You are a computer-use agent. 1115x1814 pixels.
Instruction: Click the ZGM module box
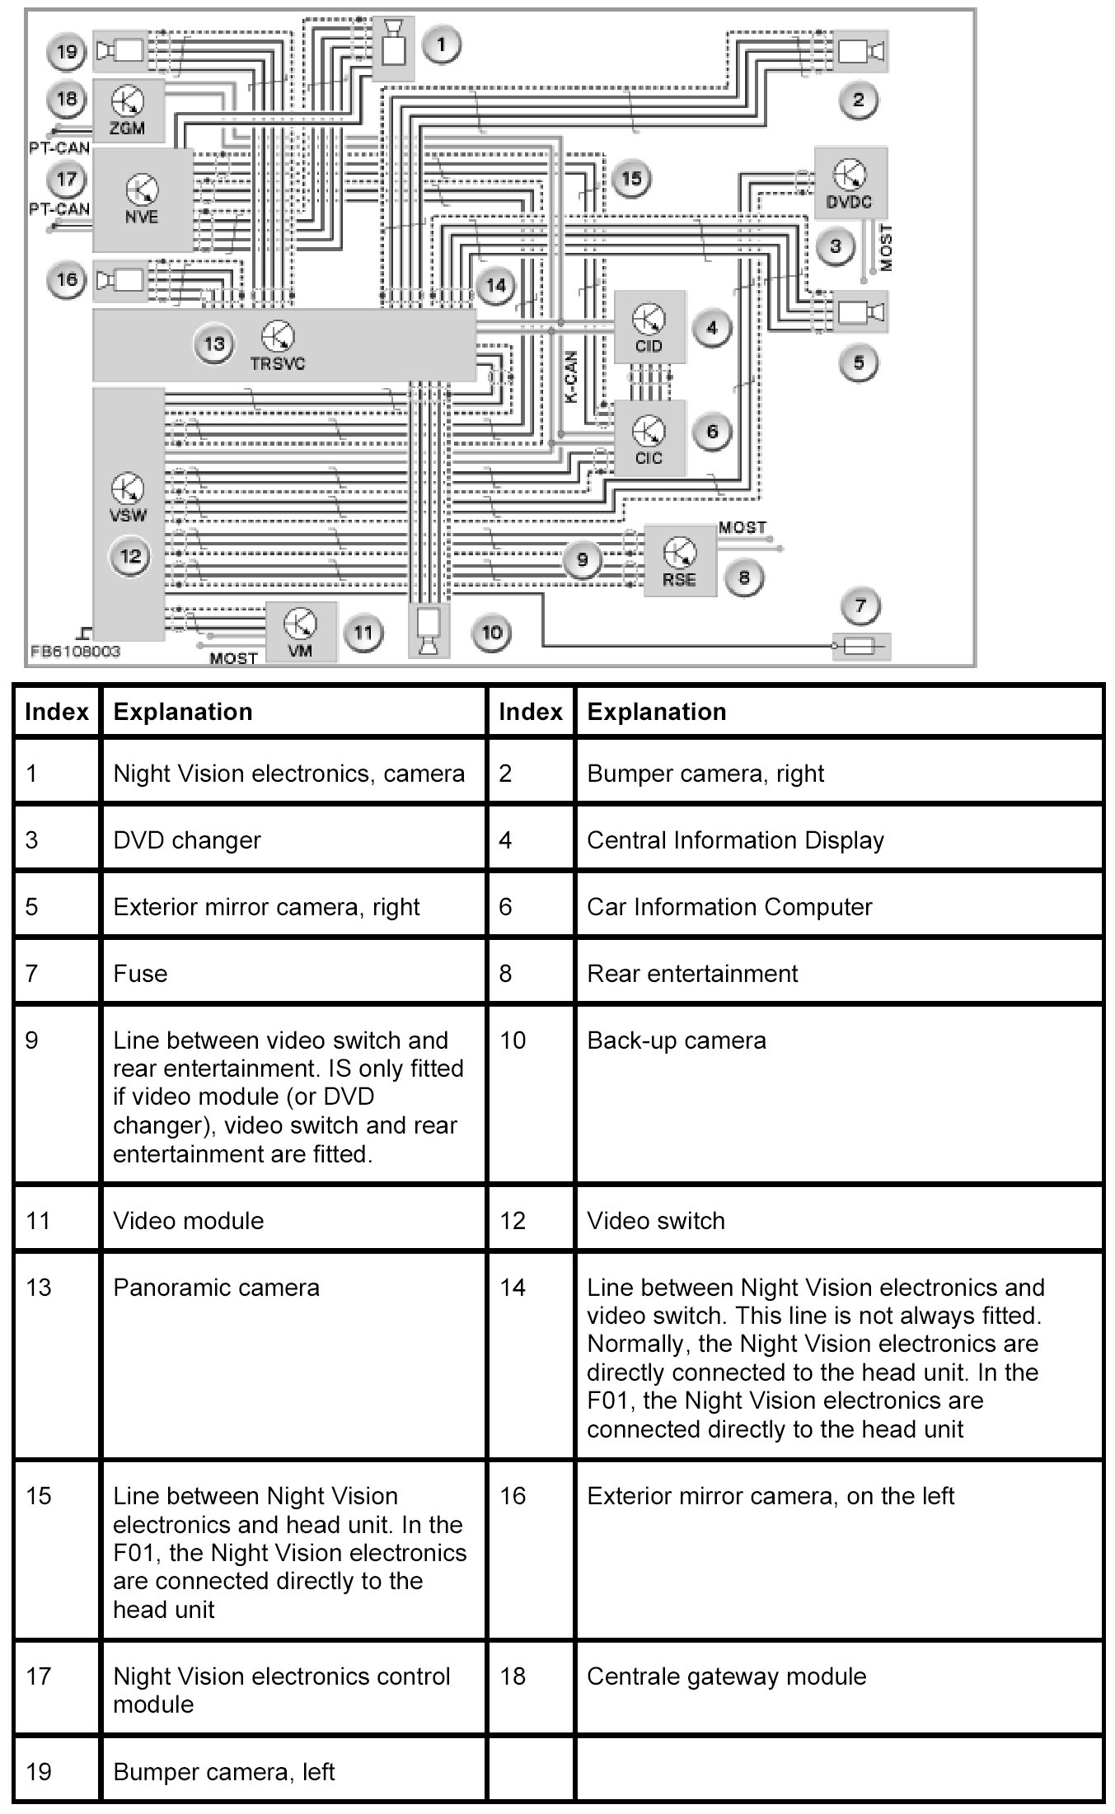[128, 112]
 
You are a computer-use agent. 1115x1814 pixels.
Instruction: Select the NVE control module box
[142, 200]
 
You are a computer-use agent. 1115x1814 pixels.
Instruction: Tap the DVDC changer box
[850, 184]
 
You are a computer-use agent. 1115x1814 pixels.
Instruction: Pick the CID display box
[649, 327]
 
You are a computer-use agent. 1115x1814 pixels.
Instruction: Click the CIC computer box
[649, 438]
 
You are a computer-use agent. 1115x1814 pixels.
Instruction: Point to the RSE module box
[679, 561]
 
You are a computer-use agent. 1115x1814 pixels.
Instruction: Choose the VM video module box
[300, 632]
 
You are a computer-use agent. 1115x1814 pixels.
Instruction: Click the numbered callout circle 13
[214, 344]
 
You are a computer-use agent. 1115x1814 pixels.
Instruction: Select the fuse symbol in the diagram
[861, 647]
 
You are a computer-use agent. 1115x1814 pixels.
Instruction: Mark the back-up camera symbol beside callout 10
[429, 632]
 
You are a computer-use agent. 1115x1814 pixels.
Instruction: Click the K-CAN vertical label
[570, 377]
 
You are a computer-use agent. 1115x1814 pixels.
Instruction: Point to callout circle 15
[631, 179]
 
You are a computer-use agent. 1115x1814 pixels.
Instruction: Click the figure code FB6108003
[75, 652]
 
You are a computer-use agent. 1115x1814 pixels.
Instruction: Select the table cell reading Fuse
[140, 974]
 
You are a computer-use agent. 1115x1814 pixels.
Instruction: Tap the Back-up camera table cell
[676, 1040]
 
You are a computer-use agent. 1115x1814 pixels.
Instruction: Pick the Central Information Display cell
[735, 840]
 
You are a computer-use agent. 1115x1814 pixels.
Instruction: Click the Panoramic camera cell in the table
[216, 1288]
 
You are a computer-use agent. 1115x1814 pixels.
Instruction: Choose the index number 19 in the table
[38, 1771]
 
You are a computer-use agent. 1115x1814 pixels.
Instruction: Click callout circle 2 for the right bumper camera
[859, 101]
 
